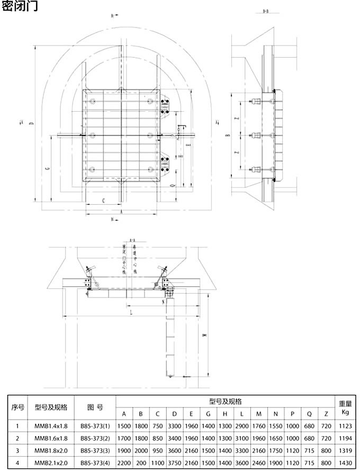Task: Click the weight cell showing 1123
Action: [346, 425]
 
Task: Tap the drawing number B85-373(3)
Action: [95, 450]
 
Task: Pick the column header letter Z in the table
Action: [326, 413]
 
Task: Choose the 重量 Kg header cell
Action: [346, 407]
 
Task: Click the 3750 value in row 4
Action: [174, 463]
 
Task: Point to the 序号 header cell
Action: [18, 407]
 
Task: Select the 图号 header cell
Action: [95, 407]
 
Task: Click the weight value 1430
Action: [346, 463]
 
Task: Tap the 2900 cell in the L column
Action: [241, 425]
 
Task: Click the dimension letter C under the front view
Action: [103, 201]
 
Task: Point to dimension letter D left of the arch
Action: [32, 124]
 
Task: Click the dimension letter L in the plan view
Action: [131, 313]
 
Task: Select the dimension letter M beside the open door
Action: [203, 334]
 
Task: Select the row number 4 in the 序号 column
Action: [18, 463]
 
